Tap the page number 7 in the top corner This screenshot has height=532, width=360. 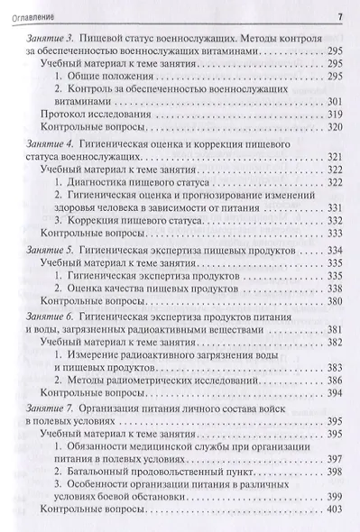pos(338,14)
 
